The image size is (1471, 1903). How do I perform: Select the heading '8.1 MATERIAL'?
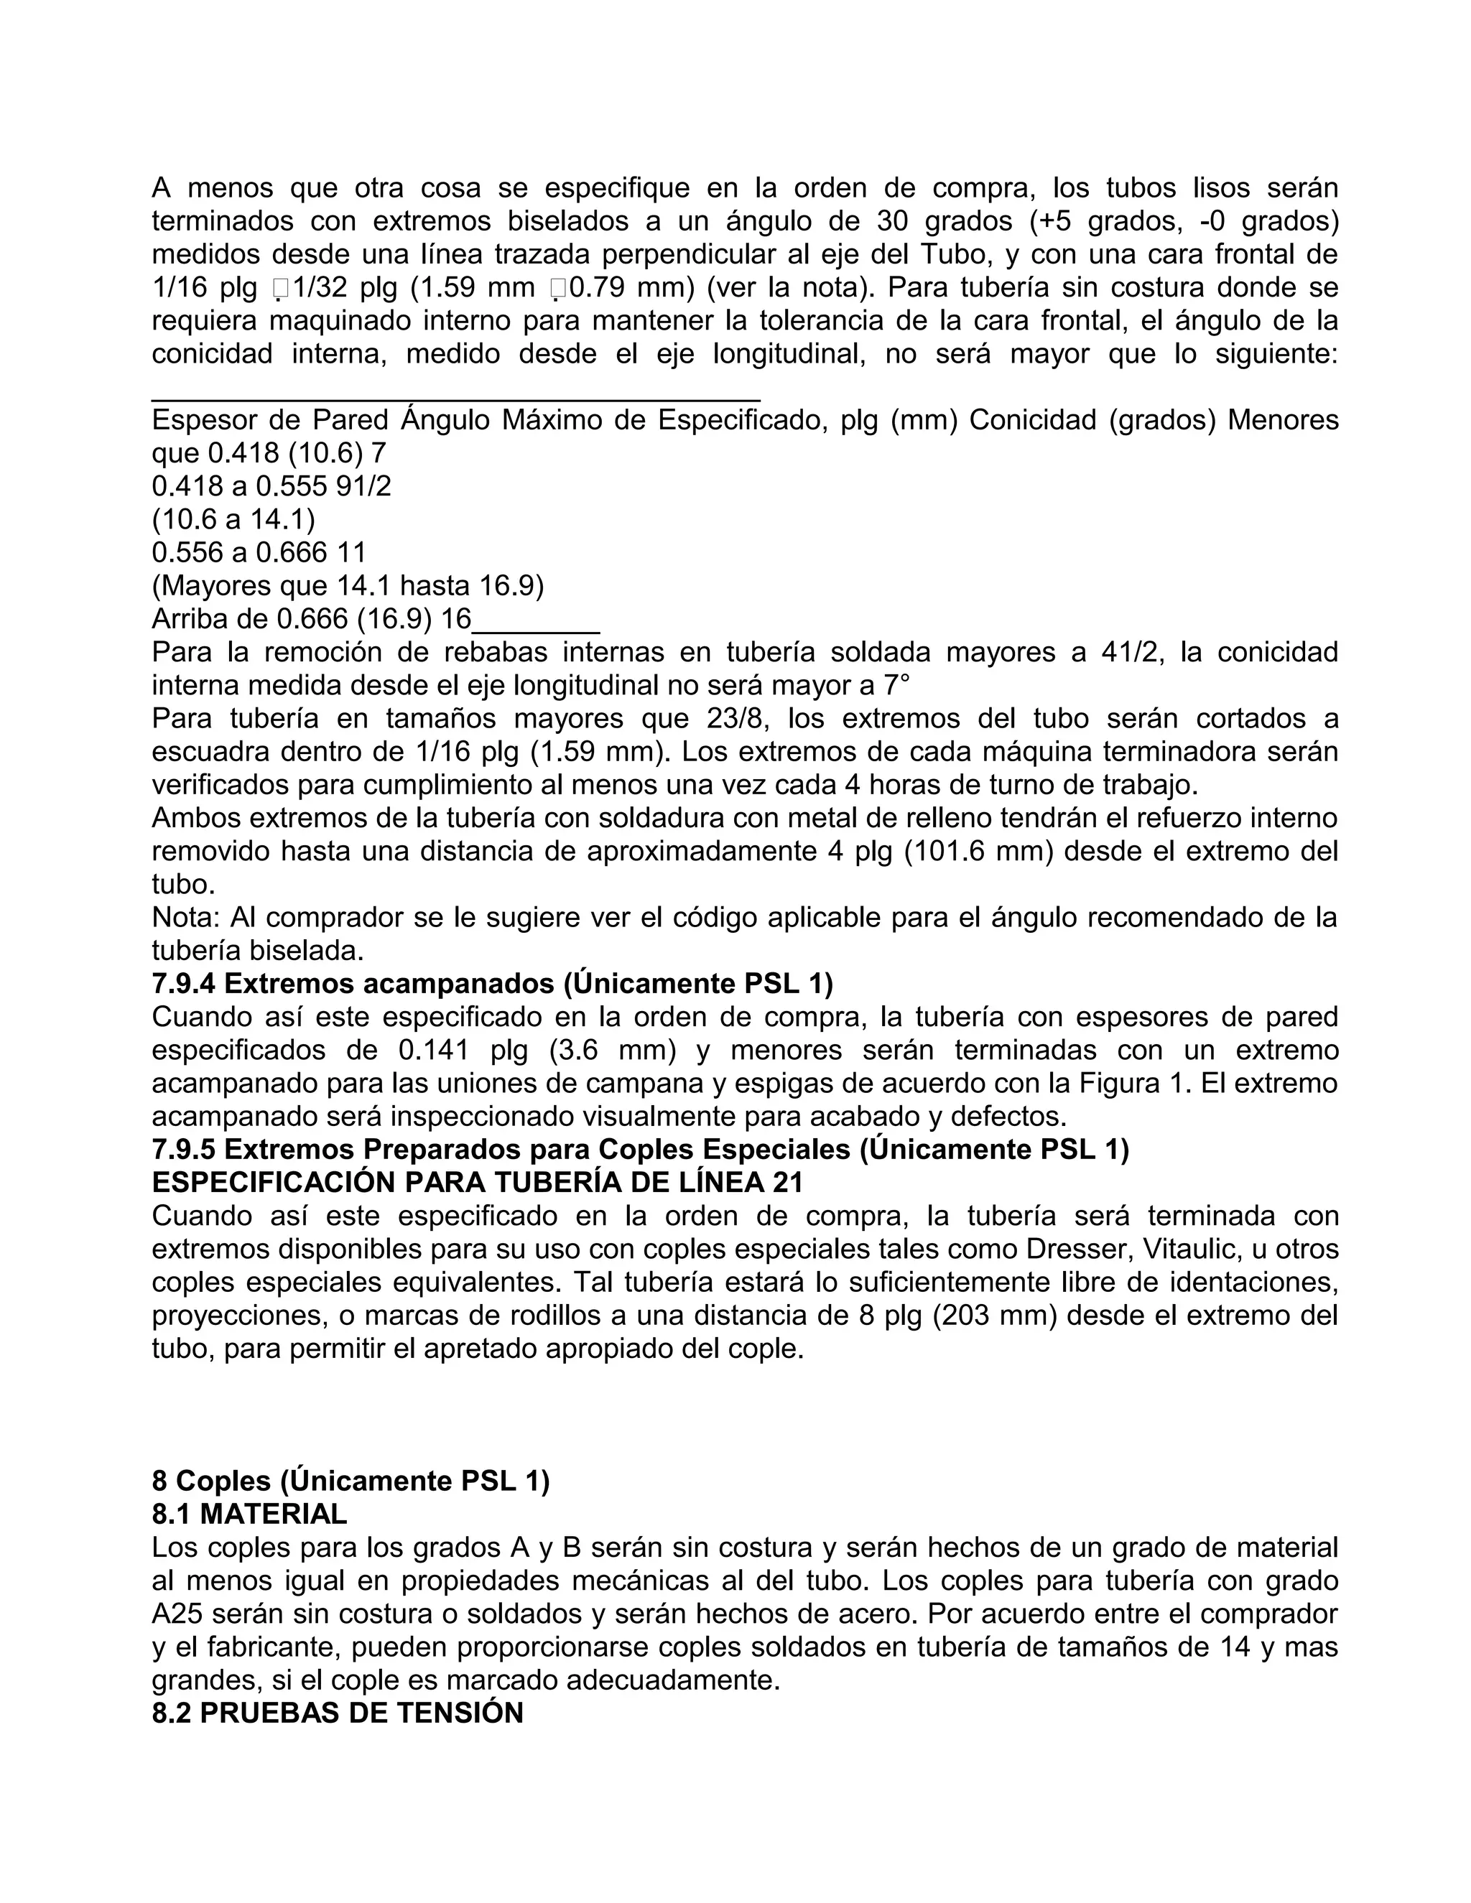249,1515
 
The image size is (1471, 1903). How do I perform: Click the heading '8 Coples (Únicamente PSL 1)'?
351,1481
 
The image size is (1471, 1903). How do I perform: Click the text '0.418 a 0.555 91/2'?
271,486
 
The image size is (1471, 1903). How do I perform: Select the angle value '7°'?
896,686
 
